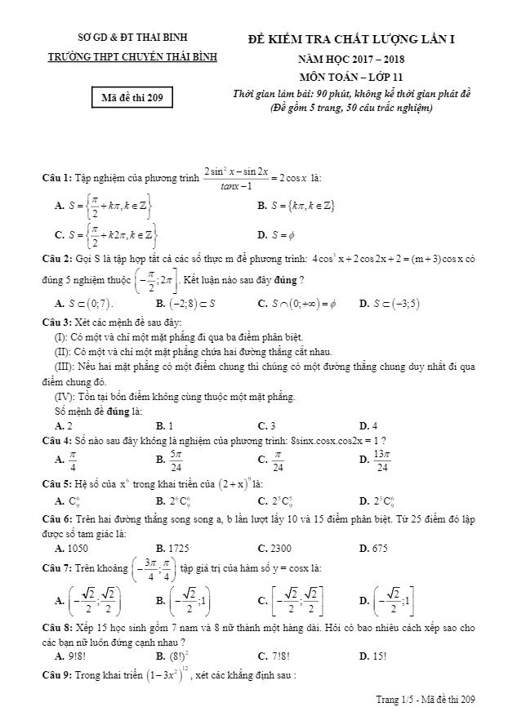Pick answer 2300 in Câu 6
coord(283,549)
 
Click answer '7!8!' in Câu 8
coord(281,655)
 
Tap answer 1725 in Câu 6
coord(180,549)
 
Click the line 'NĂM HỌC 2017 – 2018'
coord(350,59)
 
